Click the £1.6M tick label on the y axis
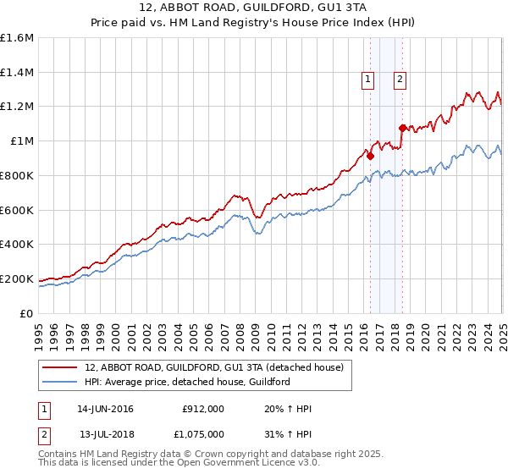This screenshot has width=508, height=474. click(x=17, y=38)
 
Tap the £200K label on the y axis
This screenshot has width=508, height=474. click(x=17, y=278)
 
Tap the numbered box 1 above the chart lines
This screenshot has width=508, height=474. click(x=368, y=80)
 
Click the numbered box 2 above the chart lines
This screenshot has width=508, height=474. click(x=400, y=80)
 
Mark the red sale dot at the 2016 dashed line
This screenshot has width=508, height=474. click(x=370, y=156)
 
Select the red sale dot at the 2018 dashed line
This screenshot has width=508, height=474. click(x=402, y=128)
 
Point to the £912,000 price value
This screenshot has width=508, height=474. click(x=203, y=409)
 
